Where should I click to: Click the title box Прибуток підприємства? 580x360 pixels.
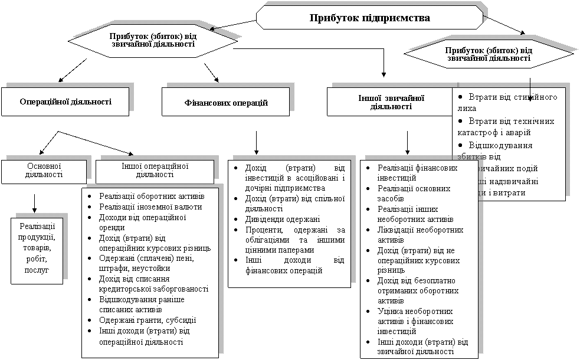(x=369, y=17)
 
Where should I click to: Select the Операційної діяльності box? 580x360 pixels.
(x=65, y=102)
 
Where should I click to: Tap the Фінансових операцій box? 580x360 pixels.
(x=226, y=103)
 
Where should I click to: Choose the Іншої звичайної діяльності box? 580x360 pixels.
(x=391, y=102)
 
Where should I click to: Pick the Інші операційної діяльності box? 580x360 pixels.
(x=155, y=171)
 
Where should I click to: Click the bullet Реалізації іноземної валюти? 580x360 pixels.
(x=150, y=207)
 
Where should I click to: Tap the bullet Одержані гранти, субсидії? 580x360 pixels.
(x=148, y=320)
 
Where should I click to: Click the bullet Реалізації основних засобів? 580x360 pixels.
(x=414, y=194)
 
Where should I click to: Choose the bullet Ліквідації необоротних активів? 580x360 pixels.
(x=420, y=235)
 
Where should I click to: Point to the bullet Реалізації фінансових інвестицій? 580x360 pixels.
(x=417, y=173)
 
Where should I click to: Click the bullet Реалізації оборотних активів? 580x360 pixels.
(x=152, y=196)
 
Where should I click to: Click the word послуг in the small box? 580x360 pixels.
(x=37, y=269)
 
